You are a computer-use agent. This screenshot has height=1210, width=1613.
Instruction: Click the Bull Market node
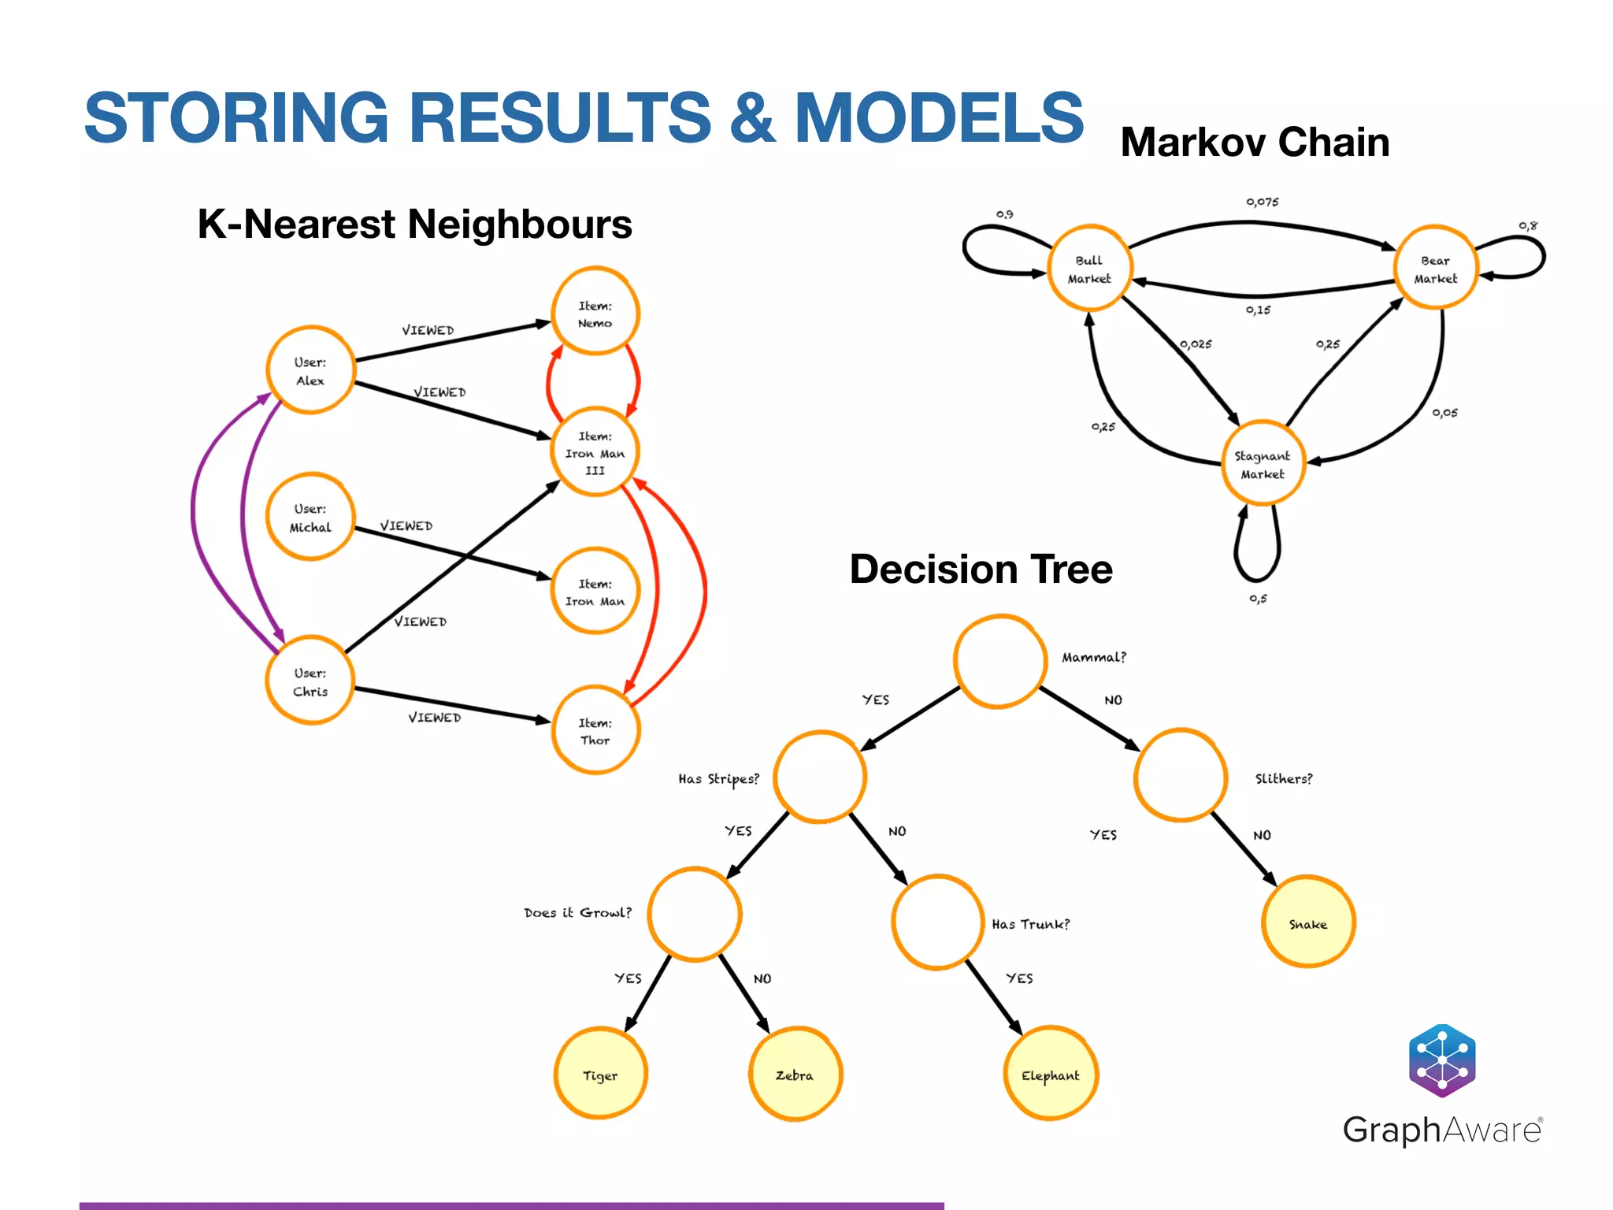pos(1089,269)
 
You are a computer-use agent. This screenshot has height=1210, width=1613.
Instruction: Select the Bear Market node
pos(1435,269)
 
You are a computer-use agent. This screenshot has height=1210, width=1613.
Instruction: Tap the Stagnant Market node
pos(1263,465)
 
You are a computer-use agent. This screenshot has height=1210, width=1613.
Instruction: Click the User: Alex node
pos(310,370)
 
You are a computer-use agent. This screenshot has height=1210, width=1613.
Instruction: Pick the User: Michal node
pos(310,518)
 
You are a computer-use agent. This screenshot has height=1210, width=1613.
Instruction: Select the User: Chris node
pos(310,681)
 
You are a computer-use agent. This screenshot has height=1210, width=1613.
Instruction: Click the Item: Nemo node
pos(595,314)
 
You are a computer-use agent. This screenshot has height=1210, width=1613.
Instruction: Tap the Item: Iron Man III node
pos(595,452)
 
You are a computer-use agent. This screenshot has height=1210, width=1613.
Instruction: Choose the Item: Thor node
pos(595,730)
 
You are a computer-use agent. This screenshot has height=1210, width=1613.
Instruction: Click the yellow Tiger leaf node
pos(600,1075)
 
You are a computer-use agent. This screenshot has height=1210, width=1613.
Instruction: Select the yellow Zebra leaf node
pos(795,1075)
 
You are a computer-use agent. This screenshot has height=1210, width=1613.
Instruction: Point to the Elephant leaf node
pos(1050,1075)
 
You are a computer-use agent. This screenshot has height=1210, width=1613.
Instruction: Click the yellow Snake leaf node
pos(1308,923)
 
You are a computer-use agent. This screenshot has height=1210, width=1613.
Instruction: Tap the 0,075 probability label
pos(1263,202)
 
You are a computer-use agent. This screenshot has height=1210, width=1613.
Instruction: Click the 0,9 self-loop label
pos(1005,213)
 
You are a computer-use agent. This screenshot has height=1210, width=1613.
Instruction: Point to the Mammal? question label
pos(1094,657)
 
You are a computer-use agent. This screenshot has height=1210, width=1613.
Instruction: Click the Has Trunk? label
pos(1031,924)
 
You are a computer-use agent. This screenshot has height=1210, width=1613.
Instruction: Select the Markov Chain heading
pos(1255,143)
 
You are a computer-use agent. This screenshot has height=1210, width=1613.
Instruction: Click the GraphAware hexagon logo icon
pos(1442,1060)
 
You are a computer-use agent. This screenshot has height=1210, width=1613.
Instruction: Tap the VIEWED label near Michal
pos(406,525)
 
